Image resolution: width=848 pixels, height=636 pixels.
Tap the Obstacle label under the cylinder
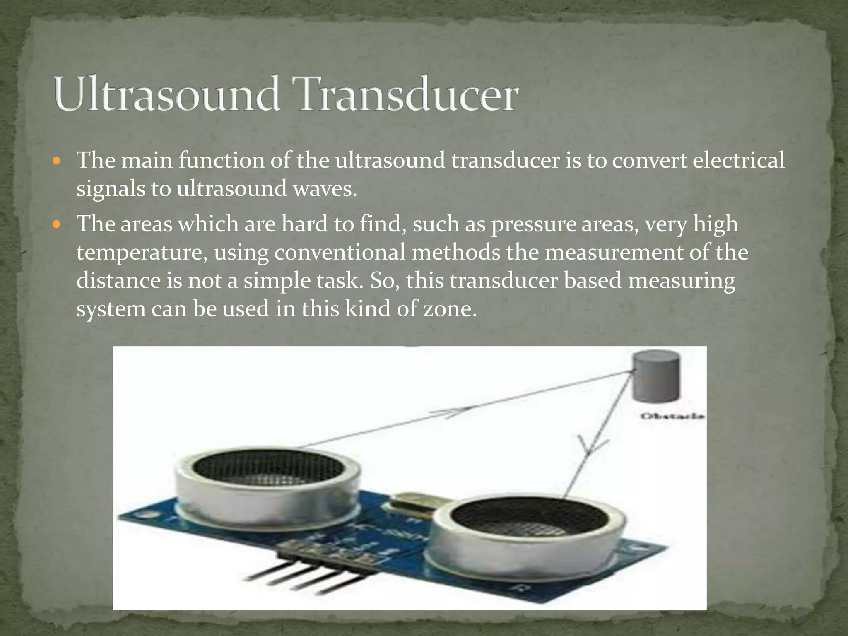672,416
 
